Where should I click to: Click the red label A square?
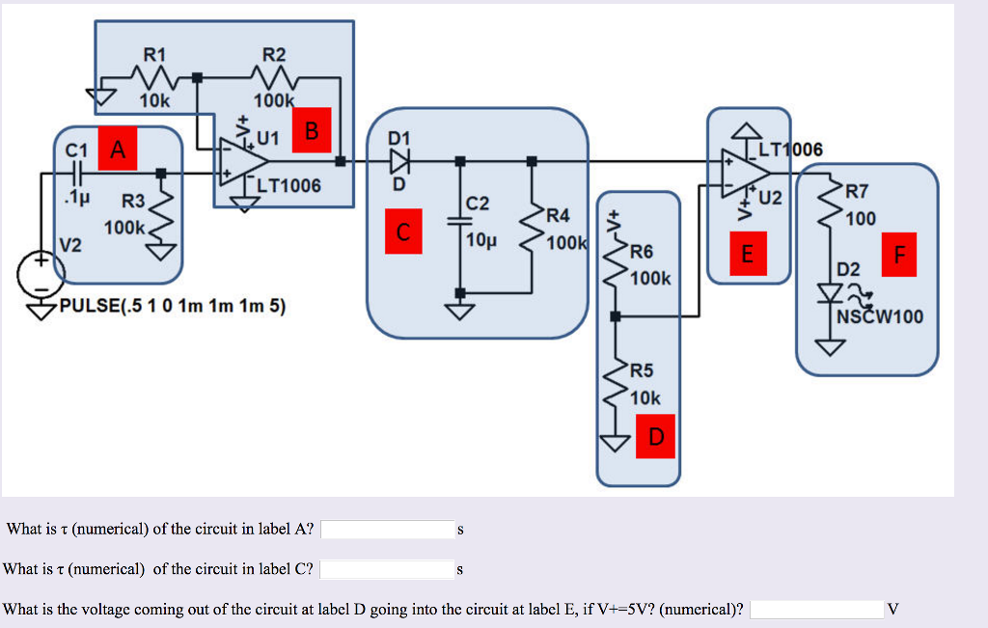click(118, 150)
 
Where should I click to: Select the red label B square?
click(312, 131)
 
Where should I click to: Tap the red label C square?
click(403, 232)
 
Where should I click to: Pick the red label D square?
click(657, 437)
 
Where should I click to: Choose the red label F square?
click(900, 255)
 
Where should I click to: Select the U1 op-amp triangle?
click(243, 160)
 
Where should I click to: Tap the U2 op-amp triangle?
click(748, 172)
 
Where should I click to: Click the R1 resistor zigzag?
click(153, 77)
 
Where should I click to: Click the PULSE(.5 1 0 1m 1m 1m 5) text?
click(172, 307)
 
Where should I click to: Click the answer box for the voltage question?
click(816, 609)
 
